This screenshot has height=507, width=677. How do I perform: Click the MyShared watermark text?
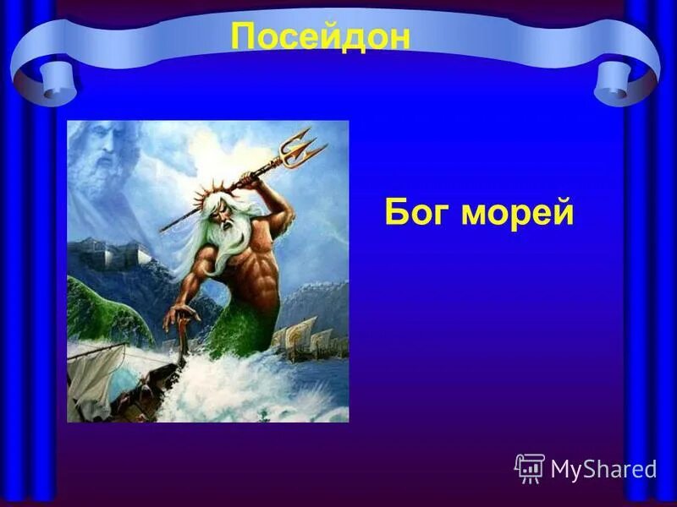point(603,468)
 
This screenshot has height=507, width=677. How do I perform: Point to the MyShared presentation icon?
point(530,467)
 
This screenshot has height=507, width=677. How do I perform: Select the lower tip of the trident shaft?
point(162,230)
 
